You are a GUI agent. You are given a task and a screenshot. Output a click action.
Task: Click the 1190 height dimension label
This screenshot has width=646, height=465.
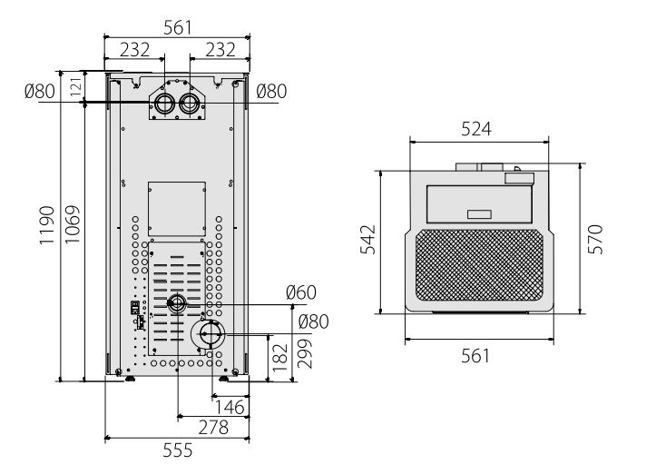click(x=47, y=225)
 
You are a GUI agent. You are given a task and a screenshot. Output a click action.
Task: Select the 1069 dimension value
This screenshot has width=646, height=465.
click(x=73, y=224)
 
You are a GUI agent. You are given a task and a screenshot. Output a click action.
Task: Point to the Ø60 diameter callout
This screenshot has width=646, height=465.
click(x=301, y=292)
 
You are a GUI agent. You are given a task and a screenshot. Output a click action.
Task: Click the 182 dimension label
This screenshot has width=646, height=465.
click(x=280, y=358)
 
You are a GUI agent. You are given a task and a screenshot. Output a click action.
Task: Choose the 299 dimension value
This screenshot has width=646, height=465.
click(x=305, y=353)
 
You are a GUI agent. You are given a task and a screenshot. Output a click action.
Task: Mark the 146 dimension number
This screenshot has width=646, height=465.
click(x=230, y=407)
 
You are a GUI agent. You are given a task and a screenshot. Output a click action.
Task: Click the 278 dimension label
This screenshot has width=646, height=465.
click(x=213, y=428)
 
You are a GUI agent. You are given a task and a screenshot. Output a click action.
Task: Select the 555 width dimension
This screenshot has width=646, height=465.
click(x=178, y=450)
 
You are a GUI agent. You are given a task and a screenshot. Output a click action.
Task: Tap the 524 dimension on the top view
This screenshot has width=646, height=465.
click(x=476, y=129)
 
